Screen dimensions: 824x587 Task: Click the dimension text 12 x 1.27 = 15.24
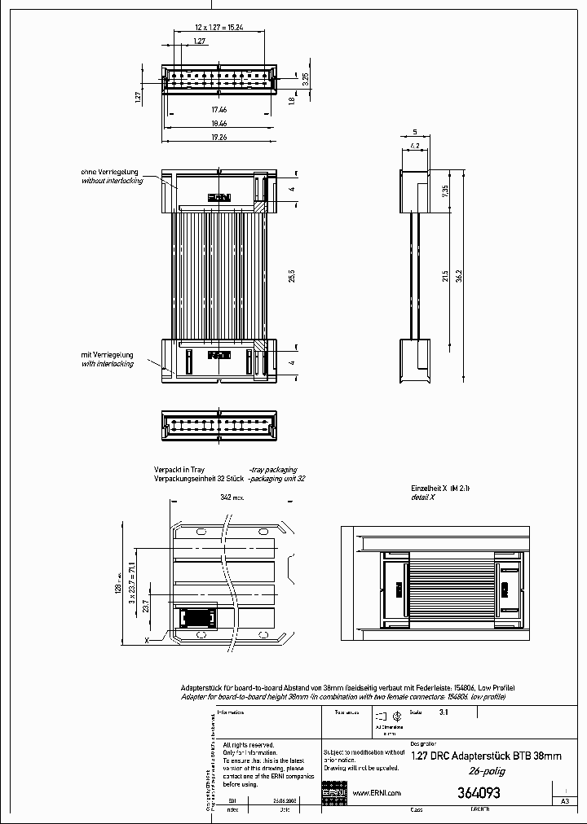(218, 27)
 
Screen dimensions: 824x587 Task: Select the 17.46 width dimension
(218, 108)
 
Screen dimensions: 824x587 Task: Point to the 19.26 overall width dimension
(218, 138)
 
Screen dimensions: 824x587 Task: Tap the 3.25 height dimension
(305, 79)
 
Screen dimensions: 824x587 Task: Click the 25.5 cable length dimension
(291, 276)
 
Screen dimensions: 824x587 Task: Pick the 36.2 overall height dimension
(460, 277)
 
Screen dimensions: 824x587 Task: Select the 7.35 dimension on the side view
(445, 191)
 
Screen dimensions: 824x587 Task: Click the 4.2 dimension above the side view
(414, 146)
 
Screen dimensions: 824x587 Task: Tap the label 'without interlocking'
(113, 181)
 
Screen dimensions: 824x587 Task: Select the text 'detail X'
(422, 496)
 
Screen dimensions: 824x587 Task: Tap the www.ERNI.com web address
(376, 793)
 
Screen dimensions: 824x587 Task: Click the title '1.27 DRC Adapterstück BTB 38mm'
(487, 756)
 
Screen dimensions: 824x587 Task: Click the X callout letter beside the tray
(147, 641)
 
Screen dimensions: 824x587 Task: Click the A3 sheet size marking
(564, 801)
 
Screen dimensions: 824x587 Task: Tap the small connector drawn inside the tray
(196, 618)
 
